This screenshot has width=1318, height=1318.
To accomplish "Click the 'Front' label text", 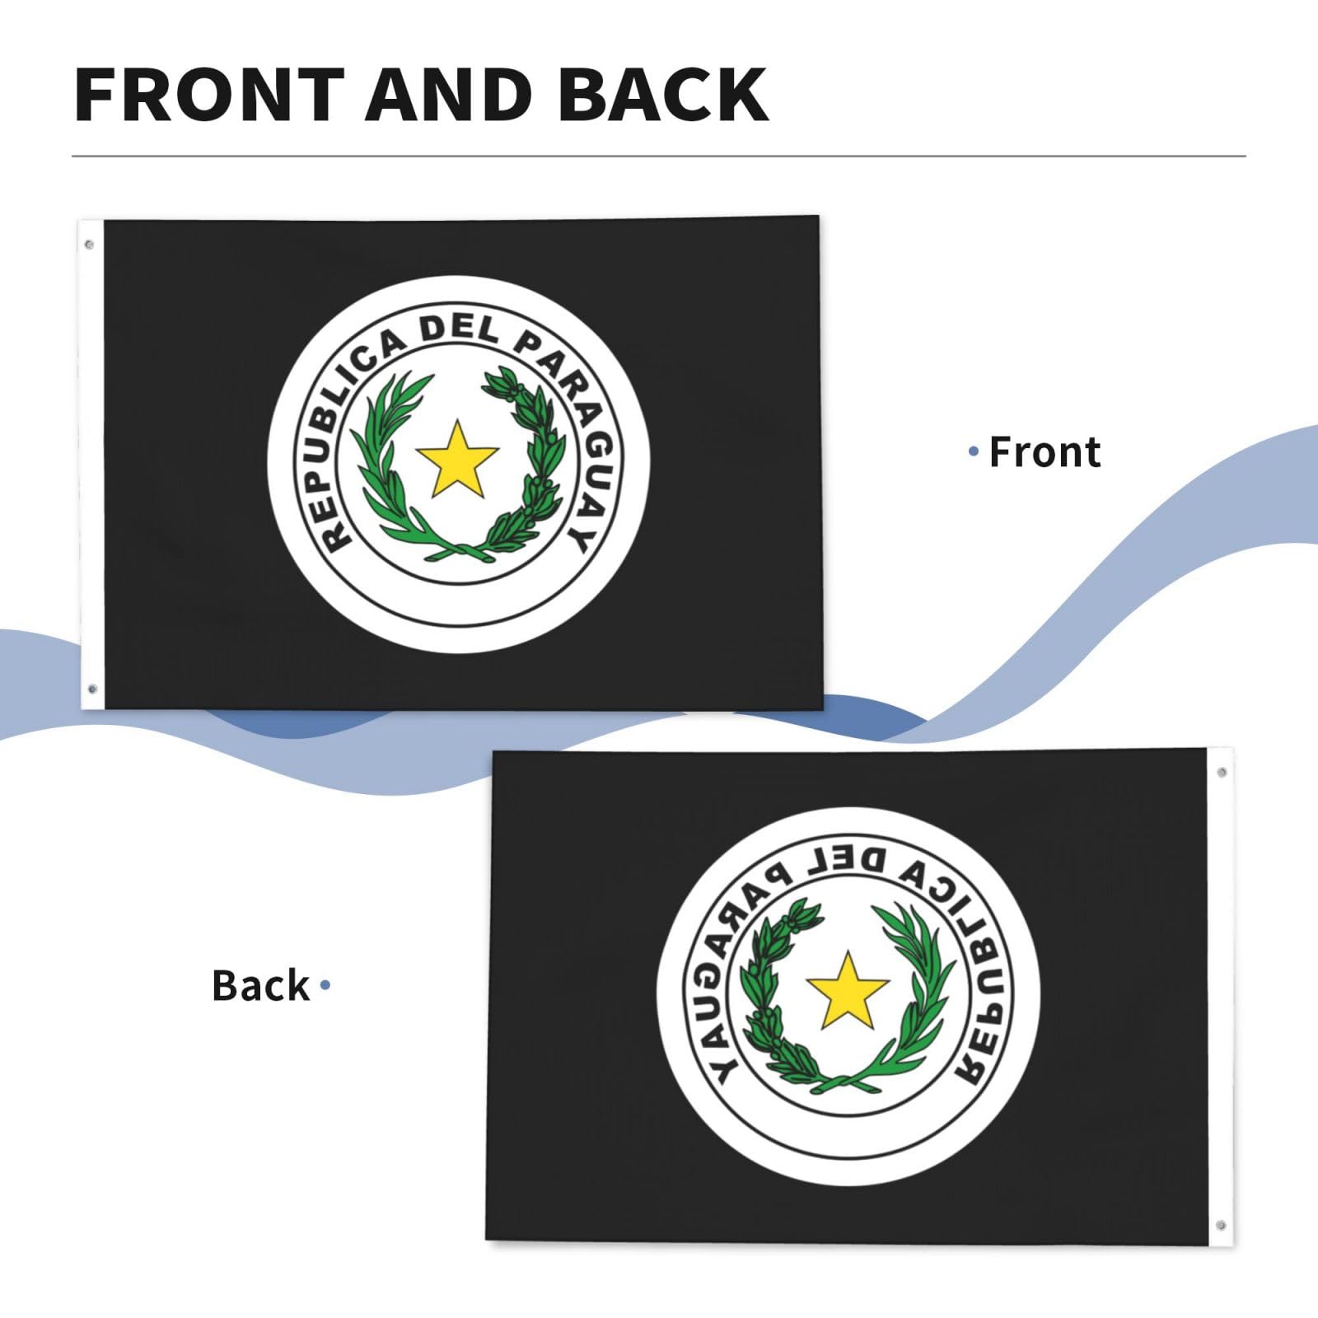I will point(1045,452).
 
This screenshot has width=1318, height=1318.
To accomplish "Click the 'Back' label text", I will point(260,985).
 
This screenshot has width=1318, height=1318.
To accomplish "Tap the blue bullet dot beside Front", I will point(974,451).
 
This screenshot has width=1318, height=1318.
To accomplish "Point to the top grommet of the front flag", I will point(89,245).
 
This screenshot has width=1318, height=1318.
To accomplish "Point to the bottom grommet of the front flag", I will point(91,689).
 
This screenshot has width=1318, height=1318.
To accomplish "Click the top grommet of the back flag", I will point(1222,773).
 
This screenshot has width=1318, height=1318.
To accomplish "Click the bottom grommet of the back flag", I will point(1222,1226).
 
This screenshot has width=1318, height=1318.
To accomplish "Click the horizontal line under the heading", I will point(659,156).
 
